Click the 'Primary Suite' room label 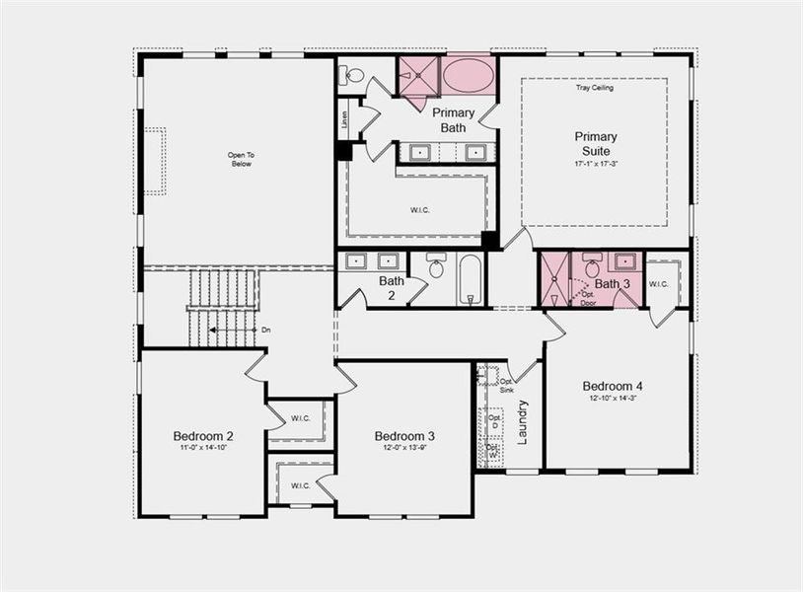596,144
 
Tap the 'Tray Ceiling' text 595,88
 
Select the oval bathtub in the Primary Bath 468,75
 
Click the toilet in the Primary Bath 354,75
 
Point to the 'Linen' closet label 344,117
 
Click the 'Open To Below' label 241,159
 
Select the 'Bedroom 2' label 203,436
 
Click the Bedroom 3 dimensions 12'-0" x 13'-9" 404,448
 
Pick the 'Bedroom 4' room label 612,386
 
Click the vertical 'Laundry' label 523,421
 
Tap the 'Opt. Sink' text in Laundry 506,386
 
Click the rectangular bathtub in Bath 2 471,279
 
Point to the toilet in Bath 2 436,266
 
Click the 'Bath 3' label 612,284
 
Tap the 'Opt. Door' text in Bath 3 588,299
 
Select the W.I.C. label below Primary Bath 420,208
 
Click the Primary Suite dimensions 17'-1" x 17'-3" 596,165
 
